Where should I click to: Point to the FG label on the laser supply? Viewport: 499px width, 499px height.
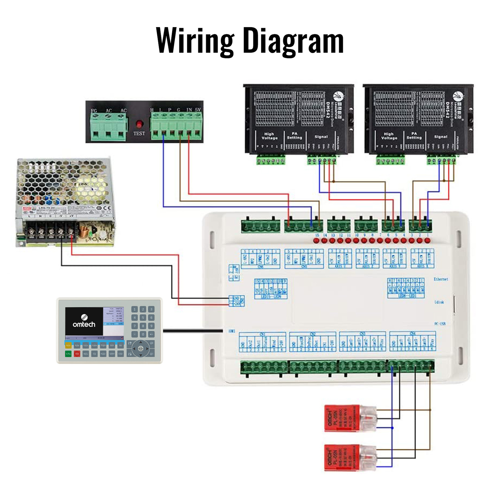pos(94,111)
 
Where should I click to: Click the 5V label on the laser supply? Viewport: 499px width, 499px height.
pos(198,110)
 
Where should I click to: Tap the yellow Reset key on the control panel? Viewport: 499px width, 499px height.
pos(68,345)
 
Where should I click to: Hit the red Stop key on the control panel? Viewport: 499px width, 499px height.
pos(77,354)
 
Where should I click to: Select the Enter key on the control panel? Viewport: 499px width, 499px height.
pos(120,354)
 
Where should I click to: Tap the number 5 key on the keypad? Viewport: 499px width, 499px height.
pos(143,317)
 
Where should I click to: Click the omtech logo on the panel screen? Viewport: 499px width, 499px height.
pos(84,321)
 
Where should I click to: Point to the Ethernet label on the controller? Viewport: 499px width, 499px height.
pos(441,279)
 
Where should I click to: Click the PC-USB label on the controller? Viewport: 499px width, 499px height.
pos(440,324)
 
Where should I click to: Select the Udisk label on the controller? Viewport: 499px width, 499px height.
pos(439,302)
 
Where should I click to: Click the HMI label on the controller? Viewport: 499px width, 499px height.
pos(232,331)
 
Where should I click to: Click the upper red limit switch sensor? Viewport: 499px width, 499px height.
pos(342,418)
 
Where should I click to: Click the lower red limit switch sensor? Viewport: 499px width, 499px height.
pos(342,457)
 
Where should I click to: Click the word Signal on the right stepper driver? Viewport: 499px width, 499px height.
pos(440,137)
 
